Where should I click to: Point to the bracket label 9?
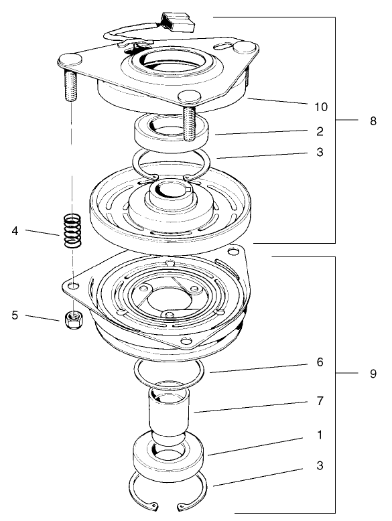pos(373,374)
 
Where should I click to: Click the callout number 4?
pos(15,232)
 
